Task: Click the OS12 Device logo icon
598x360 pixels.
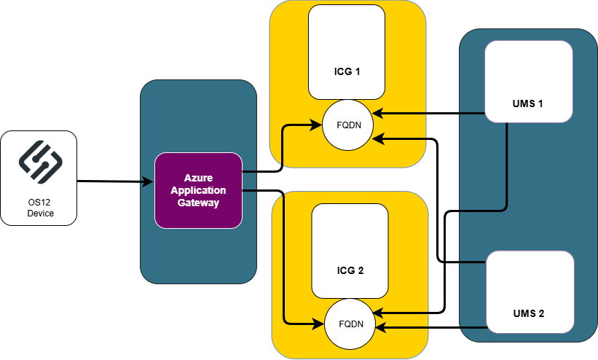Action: [38, 162]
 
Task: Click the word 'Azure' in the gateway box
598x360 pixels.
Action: [198, 178]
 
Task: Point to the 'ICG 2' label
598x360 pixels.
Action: [350, 270]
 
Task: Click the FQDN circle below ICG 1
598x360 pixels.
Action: [348, 125]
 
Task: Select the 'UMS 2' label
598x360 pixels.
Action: [529, 313]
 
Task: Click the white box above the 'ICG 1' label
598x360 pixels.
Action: [347, 36]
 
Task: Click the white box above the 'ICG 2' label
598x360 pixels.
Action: [350, 233]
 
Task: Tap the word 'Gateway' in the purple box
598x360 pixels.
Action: [198, 203]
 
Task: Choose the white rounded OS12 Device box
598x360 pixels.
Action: [39, 178]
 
